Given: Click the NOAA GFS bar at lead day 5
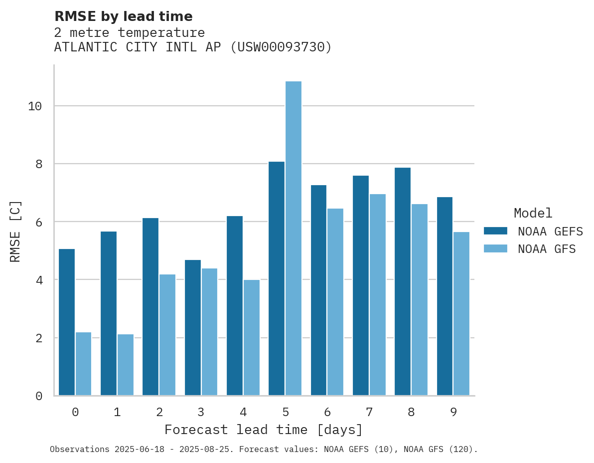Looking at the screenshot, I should [294, 238].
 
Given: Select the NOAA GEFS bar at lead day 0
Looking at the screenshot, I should [67, 322].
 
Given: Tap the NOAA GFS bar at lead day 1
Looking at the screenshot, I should [126, 365].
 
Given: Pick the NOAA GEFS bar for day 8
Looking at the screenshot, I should [403, 281].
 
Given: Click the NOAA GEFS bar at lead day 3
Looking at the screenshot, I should [193, 327].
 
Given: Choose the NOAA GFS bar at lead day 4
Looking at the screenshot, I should [252, 337].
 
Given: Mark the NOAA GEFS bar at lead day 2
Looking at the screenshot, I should [150, 307].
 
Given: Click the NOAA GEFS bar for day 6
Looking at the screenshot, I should [318, 290].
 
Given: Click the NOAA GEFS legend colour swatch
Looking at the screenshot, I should [495, 231].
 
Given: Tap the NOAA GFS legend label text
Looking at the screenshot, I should [547, 249].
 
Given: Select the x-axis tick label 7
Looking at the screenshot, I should [369, 412].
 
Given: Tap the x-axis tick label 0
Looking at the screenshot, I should [75, 412].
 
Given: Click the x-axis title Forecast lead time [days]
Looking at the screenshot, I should [264, 430].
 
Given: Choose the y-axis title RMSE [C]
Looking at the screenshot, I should [15, 231].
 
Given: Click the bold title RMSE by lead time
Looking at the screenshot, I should [123, 16].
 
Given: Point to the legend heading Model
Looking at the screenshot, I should [533, 213].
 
